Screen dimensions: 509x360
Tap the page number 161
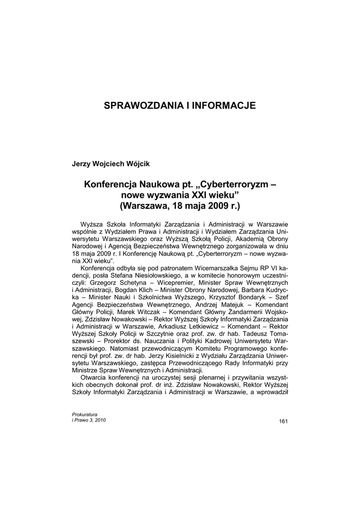[x=283, y=422]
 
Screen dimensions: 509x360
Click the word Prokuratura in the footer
[x=85, y=415]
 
